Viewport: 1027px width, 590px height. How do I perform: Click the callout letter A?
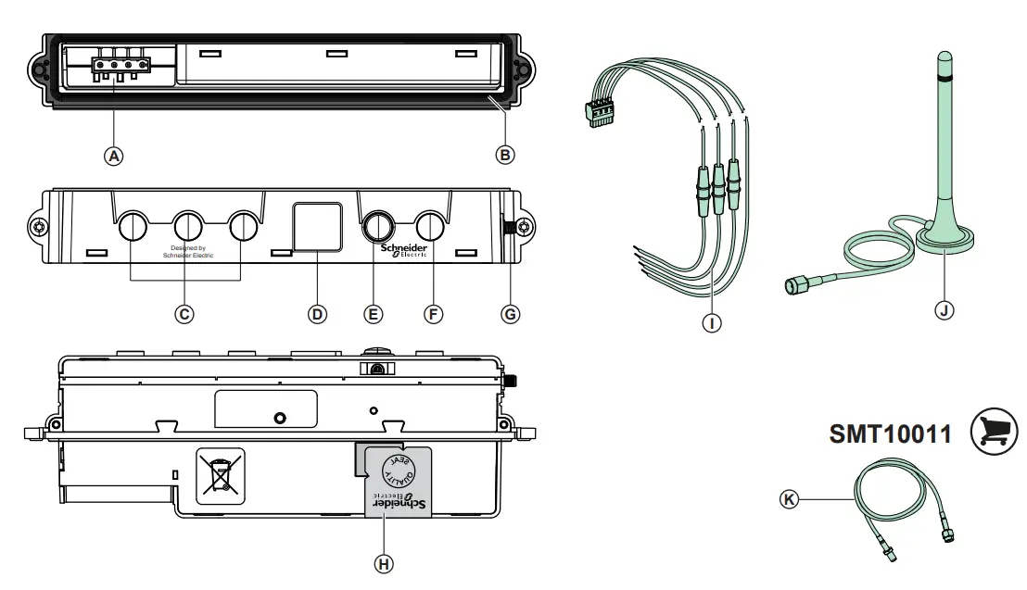pyautogui.click(x=113, y=156)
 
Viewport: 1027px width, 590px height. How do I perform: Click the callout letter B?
pyautogui.click(x=505, y=155)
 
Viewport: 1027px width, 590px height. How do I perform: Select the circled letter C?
pyautogui.click(x=184, y=314)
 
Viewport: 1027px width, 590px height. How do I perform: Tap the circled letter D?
pyautogui.click(x=317, y=314)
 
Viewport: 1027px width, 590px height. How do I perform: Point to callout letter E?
pyautogui.click(x=374, y=314)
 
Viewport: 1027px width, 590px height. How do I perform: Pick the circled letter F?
pyautogui.click(x=433, y=314)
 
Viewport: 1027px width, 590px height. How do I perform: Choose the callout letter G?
pyautogui.click(x=510, y=314)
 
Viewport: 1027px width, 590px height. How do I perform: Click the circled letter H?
pyautogui.click(x=382, y=562)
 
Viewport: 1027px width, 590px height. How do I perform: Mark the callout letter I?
pyautogui.click(x=712, y=323)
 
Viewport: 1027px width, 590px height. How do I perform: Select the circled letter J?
pyautogui.click(x=944, y=310)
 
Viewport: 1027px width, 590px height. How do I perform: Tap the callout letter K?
pyautogui.click(x=789, y=499)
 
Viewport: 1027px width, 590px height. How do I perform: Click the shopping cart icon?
pyautogui.click(x=993, y=433)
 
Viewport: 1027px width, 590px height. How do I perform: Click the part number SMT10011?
pyautogui.click(x=890, y=433)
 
